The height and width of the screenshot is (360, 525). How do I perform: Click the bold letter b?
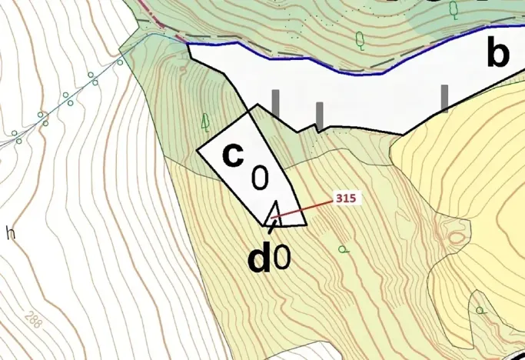(498, 54)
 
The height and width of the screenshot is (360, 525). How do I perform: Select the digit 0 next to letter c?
(260, 178)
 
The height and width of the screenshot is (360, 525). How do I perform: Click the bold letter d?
(259, 260)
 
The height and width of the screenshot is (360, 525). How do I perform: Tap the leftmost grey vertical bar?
(275, 103)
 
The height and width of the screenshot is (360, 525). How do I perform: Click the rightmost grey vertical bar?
(444, 98)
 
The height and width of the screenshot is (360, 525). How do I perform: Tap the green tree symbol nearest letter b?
(454, 9)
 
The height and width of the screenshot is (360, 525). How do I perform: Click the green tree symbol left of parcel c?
(205, 121)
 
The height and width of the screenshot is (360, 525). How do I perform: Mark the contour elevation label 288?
(32, 318)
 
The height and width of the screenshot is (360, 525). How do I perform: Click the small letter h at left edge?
(10, 232)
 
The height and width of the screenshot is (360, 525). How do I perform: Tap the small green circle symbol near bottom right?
(480, 311)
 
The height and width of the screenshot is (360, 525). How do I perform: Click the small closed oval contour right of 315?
(459, 228)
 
